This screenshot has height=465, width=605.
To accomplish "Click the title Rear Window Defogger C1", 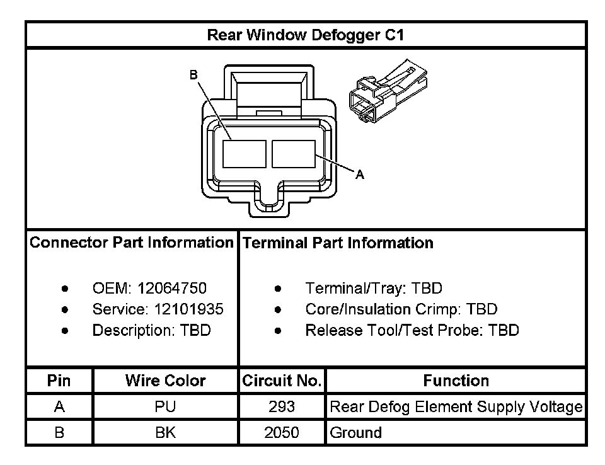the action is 305,35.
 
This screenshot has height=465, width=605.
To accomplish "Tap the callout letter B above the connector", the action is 194,75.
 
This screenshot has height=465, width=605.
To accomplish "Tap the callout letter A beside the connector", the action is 360,175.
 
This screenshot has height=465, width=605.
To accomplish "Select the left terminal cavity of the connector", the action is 244,154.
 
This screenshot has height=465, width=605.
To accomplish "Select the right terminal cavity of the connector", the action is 293,154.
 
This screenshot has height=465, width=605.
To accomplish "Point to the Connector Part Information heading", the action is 132,243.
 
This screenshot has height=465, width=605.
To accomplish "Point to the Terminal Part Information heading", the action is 338,243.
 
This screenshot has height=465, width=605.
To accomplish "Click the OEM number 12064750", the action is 171,289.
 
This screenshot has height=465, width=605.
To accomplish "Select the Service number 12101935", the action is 188,309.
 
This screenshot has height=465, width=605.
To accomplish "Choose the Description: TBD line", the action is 151,330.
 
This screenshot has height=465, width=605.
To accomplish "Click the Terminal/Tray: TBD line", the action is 374,289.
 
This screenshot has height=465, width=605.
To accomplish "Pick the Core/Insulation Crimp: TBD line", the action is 401,309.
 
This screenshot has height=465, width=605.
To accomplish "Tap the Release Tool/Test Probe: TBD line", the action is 412,330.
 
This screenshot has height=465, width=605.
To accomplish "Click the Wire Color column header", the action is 165,381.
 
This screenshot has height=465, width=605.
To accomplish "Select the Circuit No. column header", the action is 282,381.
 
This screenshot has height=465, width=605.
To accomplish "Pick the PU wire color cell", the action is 165,407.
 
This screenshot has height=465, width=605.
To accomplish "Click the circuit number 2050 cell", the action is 282,433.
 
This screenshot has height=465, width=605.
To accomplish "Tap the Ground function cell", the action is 356,433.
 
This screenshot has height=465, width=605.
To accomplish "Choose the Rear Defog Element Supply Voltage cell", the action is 456,407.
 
